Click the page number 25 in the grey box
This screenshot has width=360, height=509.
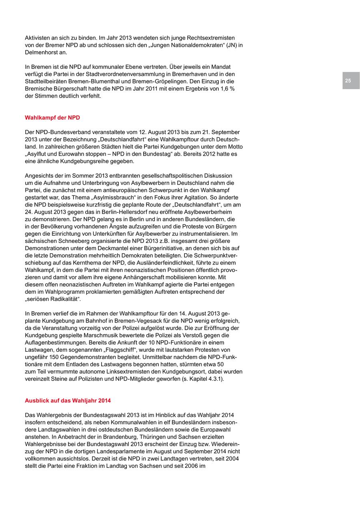[348, 81]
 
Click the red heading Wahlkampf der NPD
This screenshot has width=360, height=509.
[52, 118]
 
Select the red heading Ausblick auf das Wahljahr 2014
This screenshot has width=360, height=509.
[68, 401]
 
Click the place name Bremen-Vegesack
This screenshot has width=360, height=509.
[134, 321]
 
